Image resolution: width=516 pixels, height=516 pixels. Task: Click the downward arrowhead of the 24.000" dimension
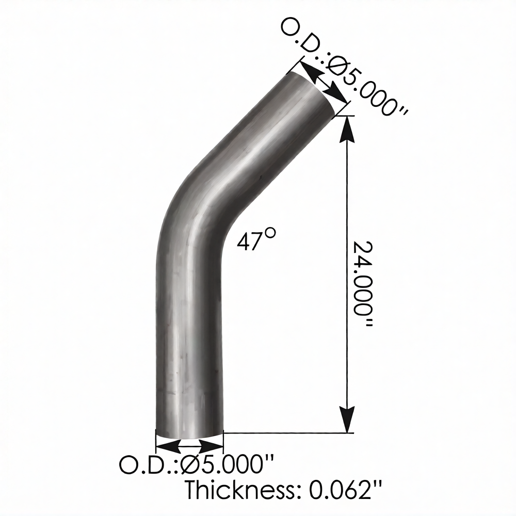coord(347,419)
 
